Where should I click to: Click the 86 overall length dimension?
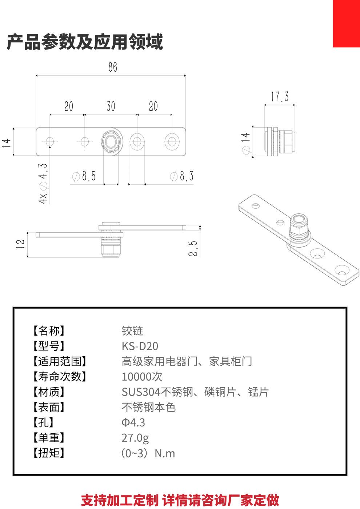click(x=113, y=67)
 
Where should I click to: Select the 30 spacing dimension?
click(x=111, y=106)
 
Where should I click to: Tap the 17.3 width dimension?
click(x=280, y=97)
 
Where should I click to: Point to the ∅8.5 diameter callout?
click(x=84, y=176)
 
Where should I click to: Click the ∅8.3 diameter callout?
click(x=182, y=176)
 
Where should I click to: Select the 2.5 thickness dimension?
click(x=193, y=248)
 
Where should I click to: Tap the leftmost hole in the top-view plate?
click(x=50, y=141)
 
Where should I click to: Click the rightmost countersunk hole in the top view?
click(x=171, y=141)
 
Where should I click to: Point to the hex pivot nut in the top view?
click(x=111, y=141)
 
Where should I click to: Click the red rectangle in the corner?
click(x=346, y=23)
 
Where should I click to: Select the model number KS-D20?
click(x=140, y=346)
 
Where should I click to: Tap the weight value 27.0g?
click(x=135, y=438)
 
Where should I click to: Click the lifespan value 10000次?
click(x=142, y=377)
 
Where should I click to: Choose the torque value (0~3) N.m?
click(x=148, y=453)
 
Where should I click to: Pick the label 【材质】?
click(x=49, y=392)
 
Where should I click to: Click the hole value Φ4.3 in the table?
click(x=133, y=422)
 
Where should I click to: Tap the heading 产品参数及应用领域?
click(x=85, y=42)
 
